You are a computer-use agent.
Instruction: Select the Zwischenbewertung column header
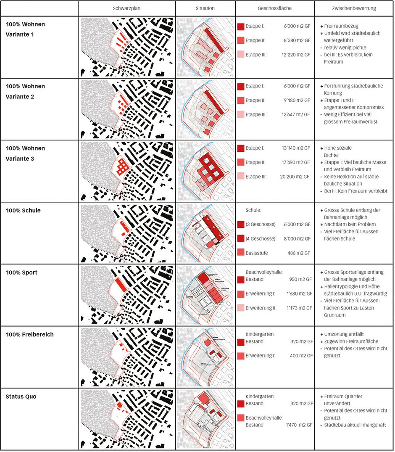354,8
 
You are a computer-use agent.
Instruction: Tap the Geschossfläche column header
275,8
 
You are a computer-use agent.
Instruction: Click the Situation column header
205,8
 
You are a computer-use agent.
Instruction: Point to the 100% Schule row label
23,211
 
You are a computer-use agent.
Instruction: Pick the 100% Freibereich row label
30,335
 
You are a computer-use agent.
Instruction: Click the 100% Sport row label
21,272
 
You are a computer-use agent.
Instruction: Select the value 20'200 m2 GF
296,177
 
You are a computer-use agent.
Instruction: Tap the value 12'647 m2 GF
296,114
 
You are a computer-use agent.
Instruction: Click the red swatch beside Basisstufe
241,252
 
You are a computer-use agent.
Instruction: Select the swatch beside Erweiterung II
241,308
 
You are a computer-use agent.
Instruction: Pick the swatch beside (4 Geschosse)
241,238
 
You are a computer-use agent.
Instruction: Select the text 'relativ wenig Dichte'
348,48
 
